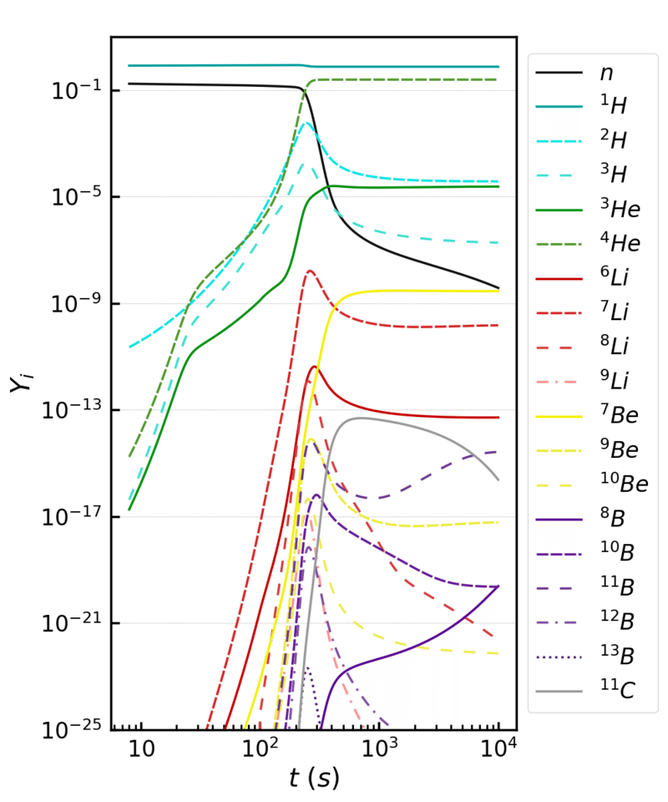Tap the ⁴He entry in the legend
[x=619, y=243]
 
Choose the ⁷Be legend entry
[x=619, y=415]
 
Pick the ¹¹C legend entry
[x=620, y=691]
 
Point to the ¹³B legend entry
[x=619, y=657]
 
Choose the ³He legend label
[x=619, y=209]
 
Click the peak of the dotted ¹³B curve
[x=306, y=668]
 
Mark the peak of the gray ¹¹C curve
[x=361, y=418]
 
